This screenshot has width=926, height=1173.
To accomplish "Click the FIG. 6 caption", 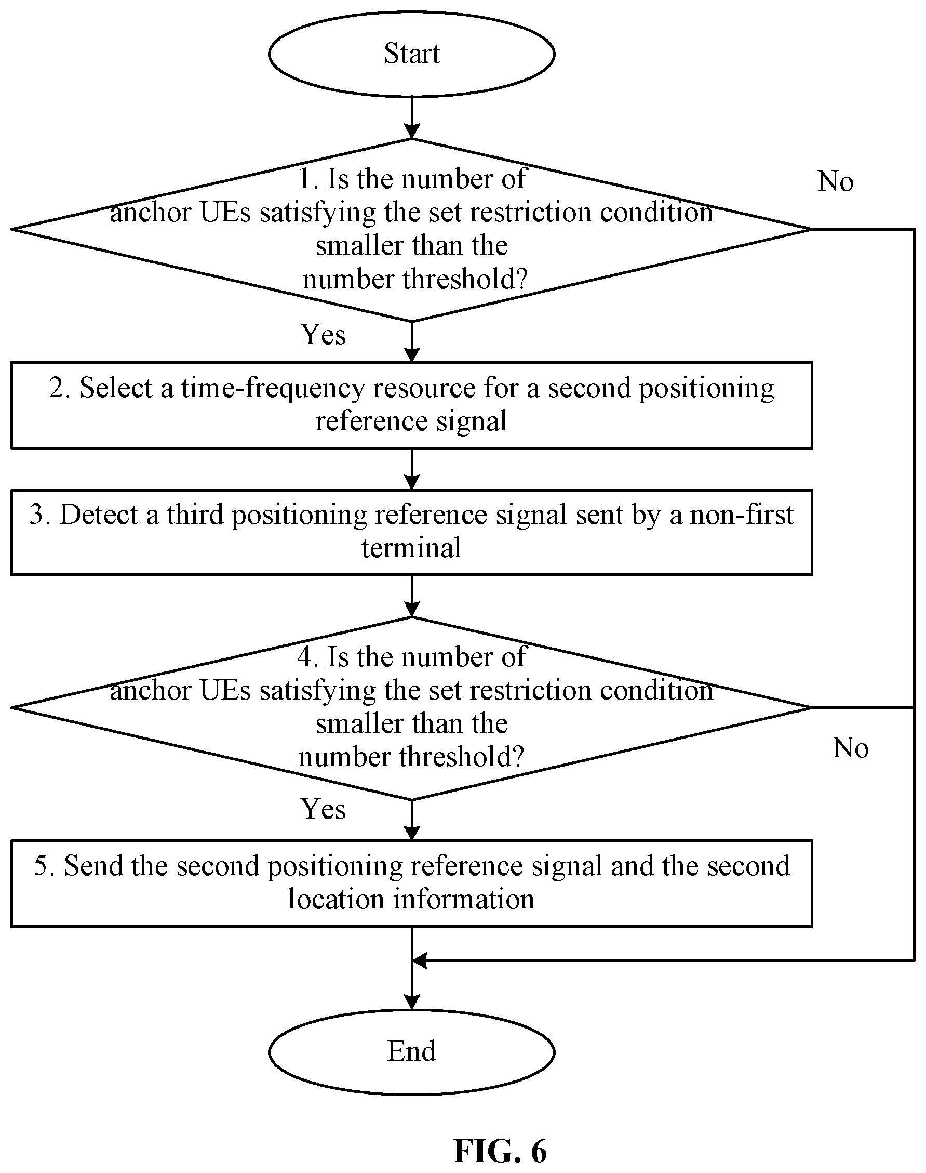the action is click(500, 1150).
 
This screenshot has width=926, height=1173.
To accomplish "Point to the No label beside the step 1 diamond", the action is click(836, 181).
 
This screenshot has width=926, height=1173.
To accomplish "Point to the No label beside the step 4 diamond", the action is click(850, 748).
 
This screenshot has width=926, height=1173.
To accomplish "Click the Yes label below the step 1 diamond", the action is click(323, 334).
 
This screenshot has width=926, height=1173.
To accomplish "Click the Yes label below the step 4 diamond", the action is click(323, 809).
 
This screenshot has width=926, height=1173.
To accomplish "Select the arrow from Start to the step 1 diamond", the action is click(412, 118).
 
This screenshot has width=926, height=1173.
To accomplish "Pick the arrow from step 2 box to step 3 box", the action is click(412, 469).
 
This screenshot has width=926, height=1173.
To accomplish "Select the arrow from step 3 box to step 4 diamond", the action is click(412, 596).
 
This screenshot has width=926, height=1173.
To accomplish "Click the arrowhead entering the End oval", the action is click(412, 1001).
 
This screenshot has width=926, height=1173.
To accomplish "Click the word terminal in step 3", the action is click(411, 547).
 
